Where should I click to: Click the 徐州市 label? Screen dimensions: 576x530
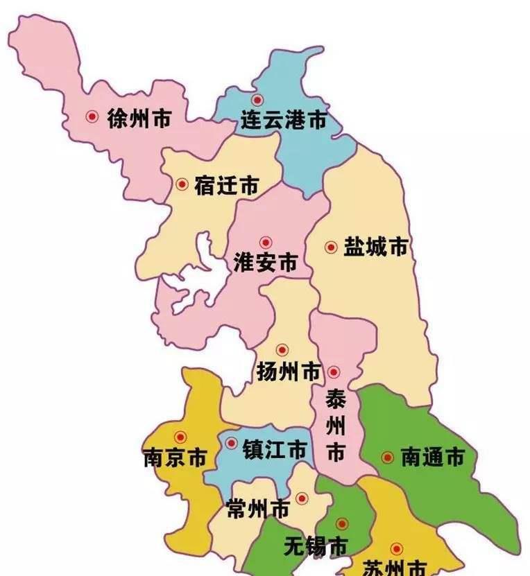139,119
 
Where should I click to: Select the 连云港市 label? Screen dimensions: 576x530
283,120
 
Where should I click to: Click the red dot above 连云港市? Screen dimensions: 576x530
257,101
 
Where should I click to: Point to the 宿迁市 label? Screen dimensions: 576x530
227,185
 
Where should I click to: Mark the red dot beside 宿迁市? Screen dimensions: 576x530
182,184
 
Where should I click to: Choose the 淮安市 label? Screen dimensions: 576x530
266,263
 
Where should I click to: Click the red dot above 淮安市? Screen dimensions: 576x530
265,242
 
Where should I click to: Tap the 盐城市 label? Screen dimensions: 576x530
375,247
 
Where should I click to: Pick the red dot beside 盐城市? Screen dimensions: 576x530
330,246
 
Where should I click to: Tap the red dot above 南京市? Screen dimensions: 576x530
180,437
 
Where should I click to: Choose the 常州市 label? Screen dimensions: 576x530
259,509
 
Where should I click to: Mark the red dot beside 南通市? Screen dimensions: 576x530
387,457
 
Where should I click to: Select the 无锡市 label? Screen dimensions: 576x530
316,546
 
